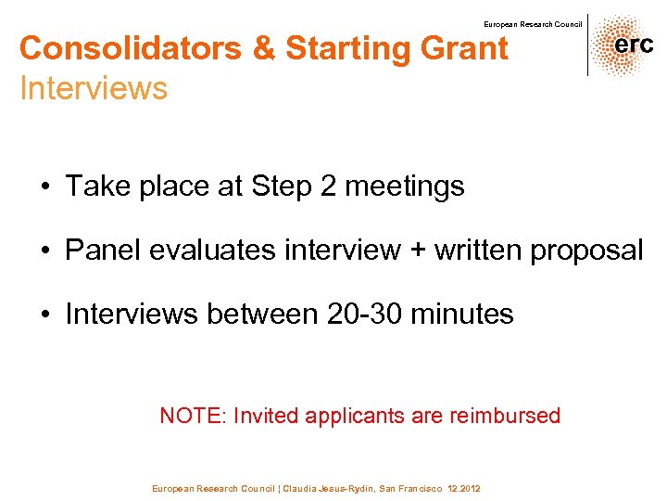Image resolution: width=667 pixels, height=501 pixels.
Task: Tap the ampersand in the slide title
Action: point(265,48)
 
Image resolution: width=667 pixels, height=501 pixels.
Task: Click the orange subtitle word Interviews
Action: point(94,89)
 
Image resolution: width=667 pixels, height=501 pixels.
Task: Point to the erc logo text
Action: point(633,45)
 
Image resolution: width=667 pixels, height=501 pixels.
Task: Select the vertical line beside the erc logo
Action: point(587,45)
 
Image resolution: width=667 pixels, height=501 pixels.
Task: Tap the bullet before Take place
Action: point(44,186)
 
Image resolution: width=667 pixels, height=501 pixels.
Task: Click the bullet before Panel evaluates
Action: point(44,250)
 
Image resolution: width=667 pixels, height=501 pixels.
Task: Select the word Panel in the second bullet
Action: point(99,250)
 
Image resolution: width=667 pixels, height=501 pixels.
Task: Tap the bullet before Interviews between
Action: point(44,315)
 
